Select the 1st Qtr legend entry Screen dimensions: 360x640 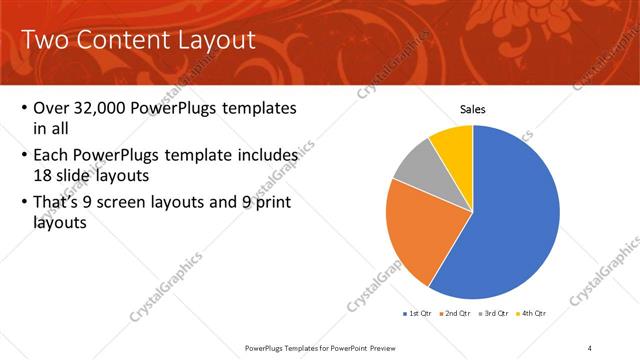419,314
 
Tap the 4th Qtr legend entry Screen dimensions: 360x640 532,314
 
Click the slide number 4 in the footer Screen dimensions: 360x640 589,347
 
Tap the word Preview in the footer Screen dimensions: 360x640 412,347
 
